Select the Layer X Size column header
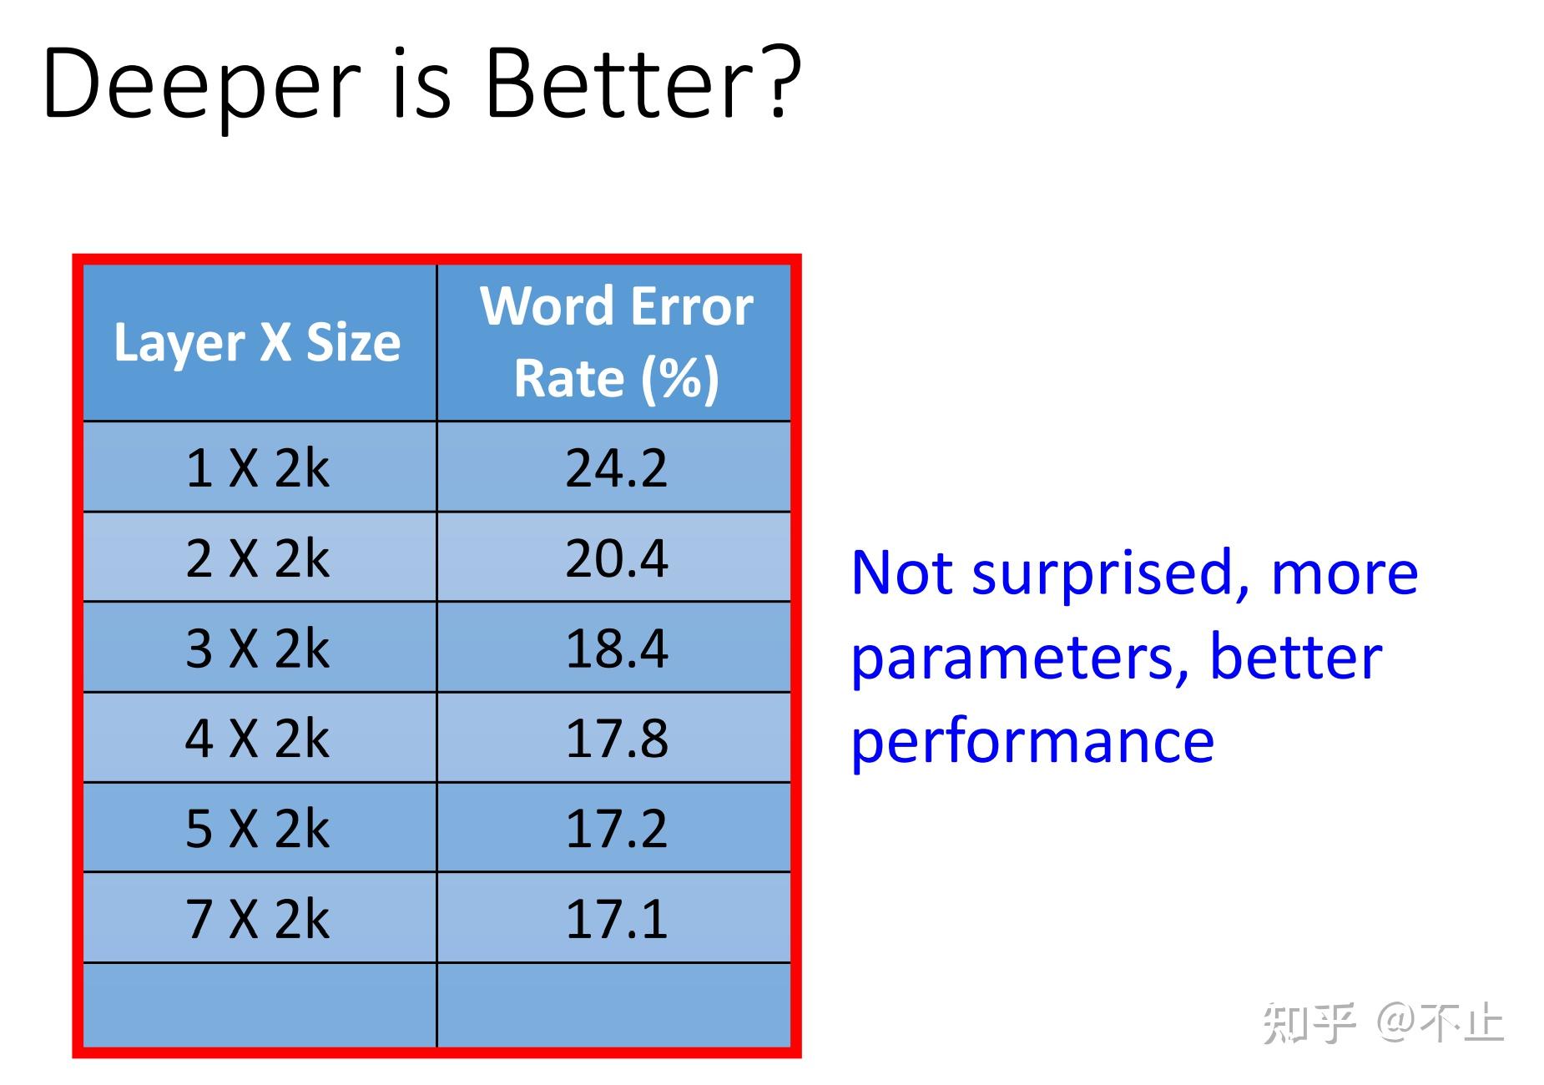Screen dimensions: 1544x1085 click(257, 343)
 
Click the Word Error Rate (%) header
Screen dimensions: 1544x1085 click(616, 342)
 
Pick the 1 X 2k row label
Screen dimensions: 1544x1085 click(257, 467)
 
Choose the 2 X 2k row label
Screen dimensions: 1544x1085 click(257, 558)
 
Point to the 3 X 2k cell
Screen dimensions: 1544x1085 click(257, 648)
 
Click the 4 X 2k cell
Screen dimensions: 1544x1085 click(257, 738)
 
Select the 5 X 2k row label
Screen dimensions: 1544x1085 click(257, 828)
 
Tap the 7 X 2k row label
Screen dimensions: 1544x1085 click(257, 918)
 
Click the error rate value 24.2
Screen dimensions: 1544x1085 click(616, 467)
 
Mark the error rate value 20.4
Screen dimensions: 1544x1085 click(616, 558)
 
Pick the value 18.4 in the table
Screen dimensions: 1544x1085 click(616, 648)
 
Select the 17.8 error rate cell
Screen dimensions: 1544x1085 click(616, 738)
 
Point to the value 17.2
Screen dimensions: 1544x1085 click(616, 828)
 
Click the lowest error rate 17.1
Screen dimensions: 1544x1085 click(616, 918)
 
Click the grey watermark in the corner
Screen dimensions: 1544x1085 click(1383, 1022)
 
